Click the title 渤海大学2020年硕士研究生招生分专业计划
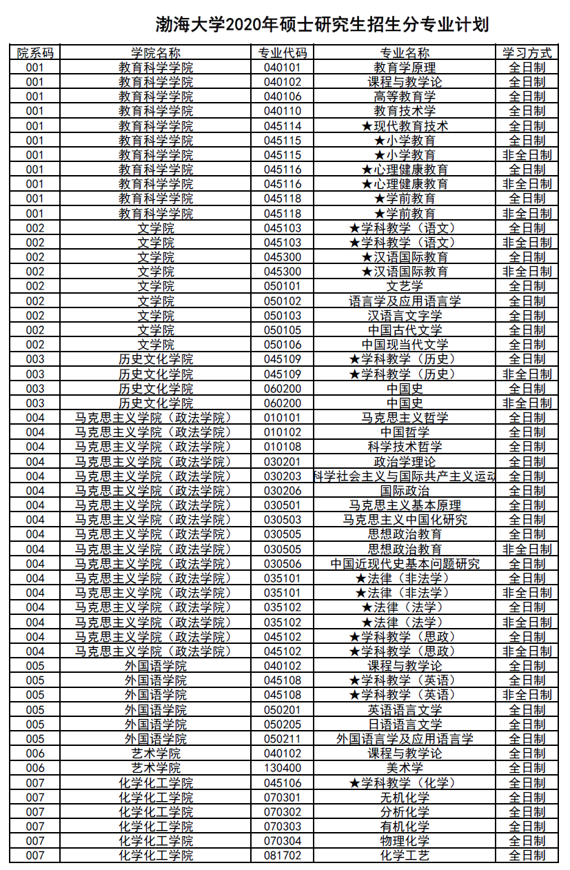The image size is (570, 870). click(x=321, y=26)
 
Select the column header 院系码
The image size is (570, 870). click(x=34, y=53)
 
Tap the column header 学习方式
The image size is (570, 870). click(x=527, y=53)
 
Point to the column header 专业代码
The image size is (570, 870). click(x=283, y=53)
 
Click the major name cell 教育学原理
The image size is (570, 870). click(x=405, y=68)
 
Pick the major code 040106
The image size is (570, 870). click(x=283, y=97)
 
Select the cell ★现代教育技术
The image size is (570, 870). click(x=405, y=126)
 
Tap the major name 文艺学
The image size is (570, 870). click(x=405, y=286)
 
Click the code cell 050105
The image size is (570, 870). click(x=283, y=330)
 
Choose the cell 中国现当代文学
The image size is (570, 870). click(x=405, y=345)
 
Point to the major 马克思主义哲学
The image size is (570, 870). click(x=405, y=418)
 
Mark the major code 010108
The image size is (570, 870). click(x=283, y=447)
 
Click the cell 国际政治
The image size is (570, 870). click(x=405, y=491)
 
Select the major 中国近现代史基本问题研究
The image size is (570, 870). click(x=405, y=564)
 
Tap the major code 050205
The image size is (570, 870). click(x=283, y=725)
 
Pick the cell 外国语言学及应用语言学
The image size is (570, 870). click(x=405, y=739)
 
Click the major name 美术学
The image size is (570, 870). click(x=405, y=768)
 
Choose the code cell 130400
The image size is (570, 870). click(x=283, y=768)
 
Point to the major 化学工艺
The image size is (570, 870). click(x=405, y=856)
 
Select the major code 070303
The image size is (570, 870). click(x=283, y=827)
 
